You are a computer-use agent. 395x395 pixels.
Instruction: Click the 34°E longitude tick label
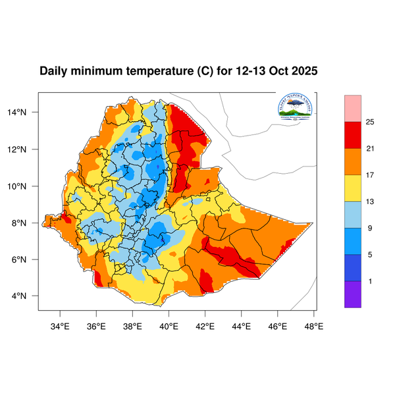click(x=61, y=325)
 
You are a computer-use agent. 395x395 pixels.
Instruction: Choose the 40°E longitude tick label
click(x=169, y=325)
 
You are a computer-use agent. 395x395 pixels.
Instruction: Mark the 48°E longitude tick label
click(x=314, y=325)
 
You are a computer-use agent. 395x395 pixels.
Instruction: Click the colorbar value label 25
click(x=371, y=122)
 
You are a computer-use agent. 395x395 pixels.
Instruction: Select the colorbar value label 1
click(x=371, y=281)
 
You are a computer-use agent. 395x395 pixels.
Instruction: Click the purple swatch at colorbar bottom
click(x=353, y=294)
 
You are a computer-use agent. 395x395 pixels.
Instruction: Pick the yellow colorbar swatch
click(x=353, y=188)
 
